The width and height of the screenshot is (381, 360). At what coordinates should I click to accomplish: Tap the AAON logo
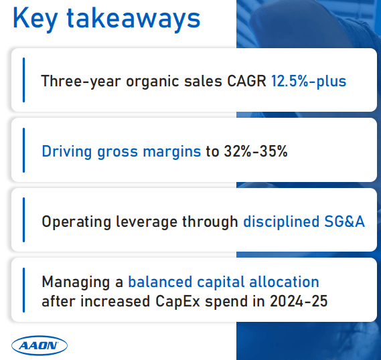click(x=40, y=345)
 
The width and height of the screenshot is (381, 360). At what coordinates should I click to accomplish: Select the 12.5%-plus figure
click(x=309, y=82)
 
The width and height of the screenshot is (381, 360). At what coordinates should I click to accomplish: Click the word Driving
click(x=66, y=151)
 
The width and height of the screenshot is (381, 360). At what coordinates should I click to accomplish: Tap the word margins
click(x=169, y=151)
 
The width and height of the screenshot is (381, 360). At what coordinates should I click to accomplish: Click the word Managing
click(x=72, y=282)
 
